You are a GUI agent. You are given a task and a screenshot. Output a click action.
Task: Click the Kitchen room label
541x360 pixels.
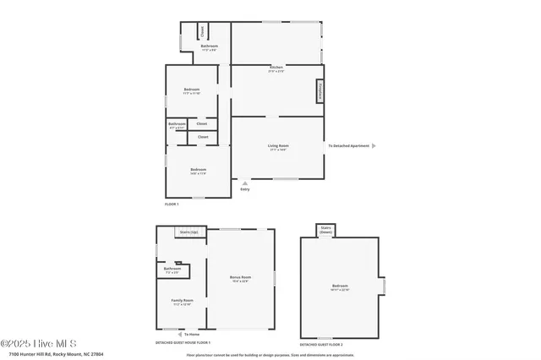click(x=276, y=68)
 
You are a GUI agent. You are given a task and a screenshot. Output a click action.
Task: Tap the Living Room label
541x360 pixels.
click(x=278, y=147)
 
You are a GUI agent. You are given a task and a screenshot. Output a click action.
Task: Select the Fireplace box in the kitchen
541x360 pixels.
click(x=321, y=90)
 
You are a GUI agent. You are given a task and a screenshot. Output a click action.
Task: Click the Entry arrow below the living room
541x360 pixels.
click(x=245, y=182)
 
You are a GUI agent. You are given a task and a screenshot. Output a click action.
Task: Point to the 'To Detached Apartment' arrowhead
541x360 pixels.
click(x=374, y=146)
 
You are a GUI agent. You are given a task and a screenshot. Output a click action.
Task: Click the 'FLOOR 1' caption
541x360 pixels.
click(x=172, y=205)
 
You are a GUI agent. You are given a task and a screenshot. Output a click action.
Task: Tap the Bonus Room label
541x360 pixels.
click(x=241, y=278)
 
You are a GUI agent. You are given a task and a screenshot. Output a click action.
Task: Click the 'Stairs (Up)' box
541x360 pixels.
click(x=189, y=232)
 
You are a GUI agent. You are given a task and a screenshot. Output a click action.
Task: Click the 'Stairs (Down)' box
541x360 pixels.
click(x=325, y=229)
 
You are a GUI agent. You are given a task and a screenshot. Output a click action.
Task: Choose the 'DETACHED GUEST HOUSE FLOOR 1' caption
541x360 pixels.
click(x=183, y=343)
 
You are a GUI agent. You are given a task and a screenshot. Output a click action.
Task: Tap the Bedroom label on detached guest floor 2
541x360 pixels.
click(x=340, y=286)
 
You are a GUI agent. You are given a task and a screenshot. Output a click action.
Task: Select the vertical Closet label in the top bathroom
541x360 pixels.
click(x=202, y=31)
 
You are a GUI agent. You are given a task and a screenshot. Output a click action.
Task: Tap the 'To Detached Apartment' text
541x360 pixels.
click(x=349, y=146)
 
